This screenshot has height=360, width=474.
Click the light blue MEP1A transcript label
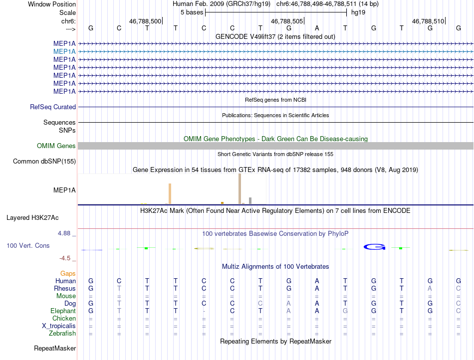64,51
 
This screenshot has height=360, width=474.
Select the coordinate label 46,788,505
287,21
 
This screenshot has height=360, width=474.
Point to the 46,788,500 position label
145,21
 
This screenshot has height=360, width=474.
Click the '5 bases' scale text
191,12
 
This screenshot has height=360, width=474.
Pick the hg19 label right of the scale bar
358,12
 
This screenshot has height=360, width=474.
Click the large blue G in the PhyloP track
374,247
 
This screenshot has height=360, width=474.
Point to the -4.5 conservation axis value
67,258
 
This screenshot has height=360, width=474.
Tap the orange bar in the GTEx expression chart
170,193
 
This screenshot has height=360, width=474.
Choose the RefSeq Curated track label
53,107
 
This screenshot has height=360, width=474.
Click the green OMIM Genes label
56,146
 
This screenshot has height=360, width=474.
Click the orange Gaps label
68,274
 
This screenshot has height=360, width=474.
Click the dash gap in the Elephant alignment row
204,311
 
